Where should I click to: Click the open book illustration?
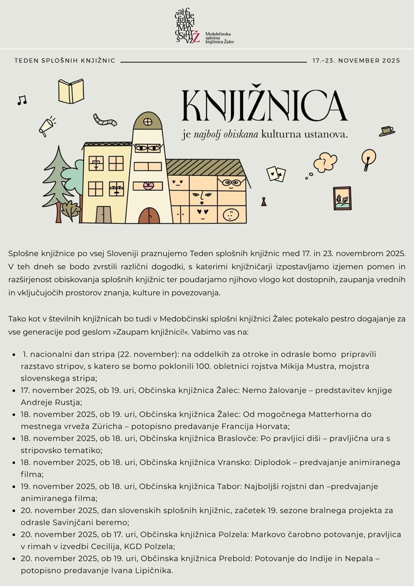71,91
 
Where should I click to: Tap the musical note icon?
22,100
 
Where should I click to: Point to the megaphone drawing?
46,126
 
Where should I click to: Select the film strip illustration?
105,120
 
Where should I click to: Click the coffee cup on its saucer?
387,131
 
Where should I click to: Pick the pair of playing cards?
276,173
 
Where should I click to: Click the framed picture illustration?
342,198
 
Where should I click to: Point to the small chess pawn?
263,201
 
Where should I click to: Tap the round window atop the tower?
148,121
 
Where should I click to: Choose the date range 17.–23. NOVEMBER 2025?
356,60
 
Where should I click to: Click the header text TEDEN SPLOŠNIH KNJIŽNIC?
65,60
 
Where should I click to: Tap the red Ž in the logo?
196,37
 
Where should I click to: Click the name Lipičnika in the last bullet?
152,571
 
